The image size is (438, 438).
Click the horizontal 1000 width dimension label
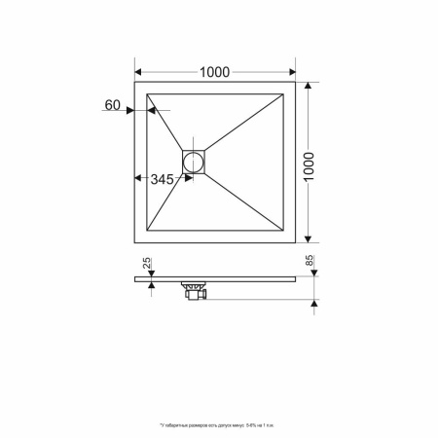click(x=216, y=71)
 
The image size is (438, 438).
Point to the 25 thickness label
click(x=148, y=264)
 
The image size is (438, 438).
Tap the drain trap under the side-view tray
click(x=195, y=291)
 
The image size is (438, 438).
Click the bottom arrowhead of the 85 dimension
click(x=314, y=300)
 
